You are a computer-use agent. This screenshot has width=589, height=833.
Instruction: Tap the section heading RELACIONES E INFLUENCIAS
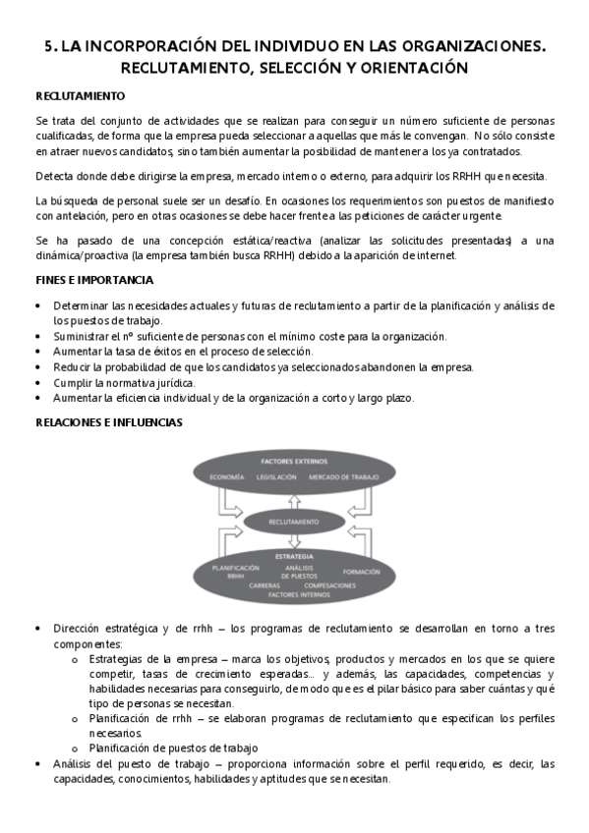tap(108, 422)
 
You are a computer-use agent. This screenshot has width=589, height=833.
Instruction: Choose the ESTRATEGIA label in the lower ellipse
tap(294, 556)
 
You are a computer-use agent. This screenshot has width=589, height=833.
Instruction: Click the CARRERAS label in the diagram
tap(265, 584)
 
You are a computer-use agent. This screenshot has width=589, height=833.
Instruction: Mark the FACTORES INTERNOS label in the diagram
tap(296, 594)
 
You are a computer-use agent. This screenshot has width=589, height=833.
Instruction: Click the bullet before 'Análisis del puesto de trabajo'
tap(37, 763)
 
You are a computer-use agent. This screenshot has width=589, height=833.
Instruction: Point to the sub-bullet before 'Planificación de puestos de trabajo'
tap(75, 748)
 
